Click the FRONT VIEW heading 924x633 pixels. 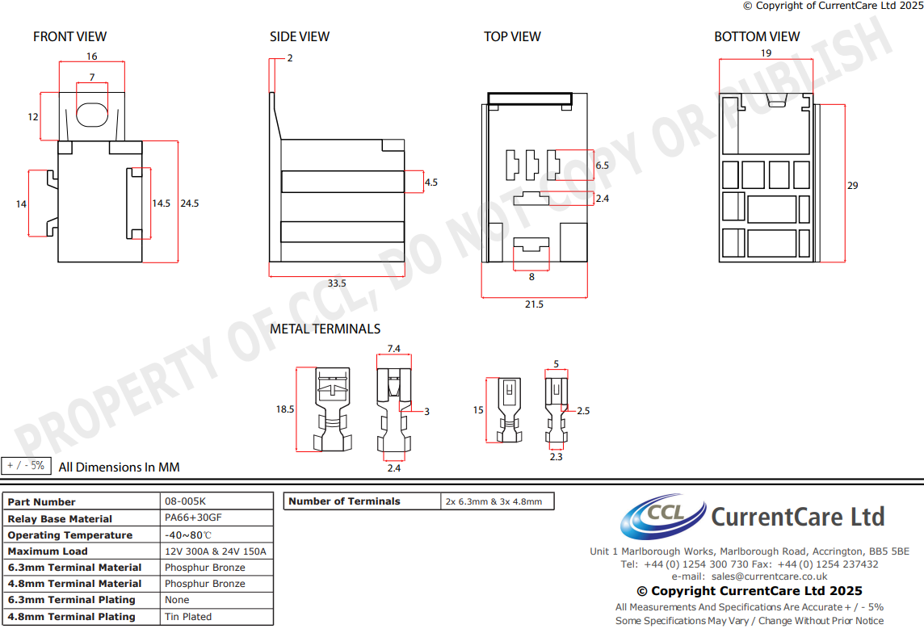point(69,36)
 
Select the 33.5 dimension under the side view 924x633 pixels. point(337,283)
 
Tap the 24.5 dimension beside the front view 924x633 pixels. point(190,203)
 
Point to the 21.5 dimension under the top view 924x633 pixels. point(534,304)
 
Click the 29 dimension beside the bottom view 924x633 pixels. point(852,186)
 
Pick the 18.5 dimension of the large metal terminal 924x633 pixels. point(284,409)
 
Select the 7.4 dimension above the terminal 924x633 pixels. point(394,349)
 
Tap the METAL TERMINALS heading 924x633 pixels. point(325,329)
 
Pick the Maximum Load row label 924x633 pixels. point(48,551)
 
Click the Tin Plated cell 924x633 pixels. point(188,616)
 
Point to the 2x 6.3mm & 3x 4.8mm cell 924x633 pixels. point(493,501)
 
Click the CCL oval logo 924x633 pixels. point(653,516)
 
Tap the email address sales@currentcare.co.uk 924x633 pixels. point(770,576)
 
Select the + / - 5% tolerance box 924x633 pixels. point(26,466)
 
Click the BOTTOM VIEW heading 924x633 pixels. point(757,36)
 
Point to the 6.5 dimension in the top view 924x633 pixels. point(602,165)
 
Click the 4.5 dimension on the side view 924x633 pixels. point(430,182)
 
